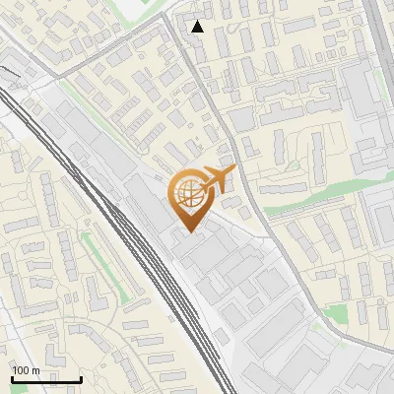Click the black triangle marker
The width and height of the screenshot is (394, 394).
(198, 27)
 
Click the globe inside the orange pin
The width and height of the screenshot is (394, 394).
(187, 194)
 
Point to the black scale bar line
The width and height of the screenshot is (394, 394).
(46, 380)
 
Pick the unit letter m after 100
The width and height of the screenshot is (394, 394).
(35, 370)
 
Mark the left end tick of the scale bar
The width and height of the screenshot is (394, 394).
(12, 378)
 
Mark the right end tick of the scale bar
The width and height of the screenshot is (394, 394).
(81, 378)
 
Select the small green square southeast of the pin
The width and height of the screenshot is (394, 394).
(334, 314)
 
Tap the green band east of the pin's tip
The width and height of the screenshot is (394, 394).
(315, 197)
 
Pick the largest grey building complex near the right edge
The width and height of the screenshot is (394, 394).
(368, 108)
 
